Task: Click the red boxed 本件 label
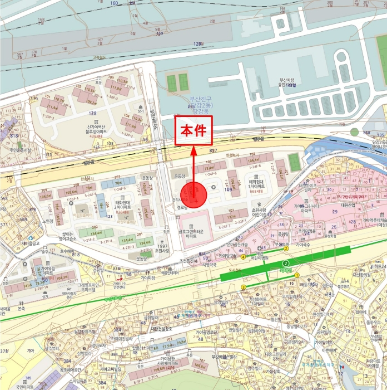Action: [x=193, y=132]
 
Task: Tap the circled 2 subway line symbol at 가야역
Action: [x=286, y=264]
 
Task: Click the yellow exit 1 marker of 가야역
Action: [x=297, y=275]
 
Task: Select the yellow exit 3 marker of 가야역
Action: [x=244, y=287]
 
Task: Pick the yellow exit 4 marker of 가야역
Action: [x=243, y=257]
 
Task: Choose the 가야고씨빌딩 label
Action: [x=111, y=369]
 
